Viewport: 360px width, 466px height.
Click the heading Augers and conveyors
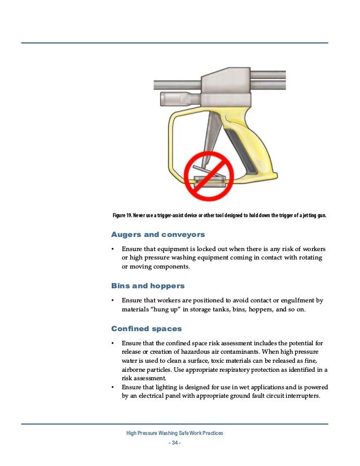click(157, 234)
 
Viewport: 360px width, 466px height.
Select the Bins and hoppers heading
click(149, 286)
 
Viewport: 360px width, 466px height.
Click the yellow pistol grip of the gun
click(257, 152)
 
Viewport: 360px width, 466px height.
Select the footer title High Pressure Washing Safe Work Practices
click(175, 432)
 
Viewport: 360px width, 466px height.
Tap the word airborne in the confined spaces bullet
click(136, 369)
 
